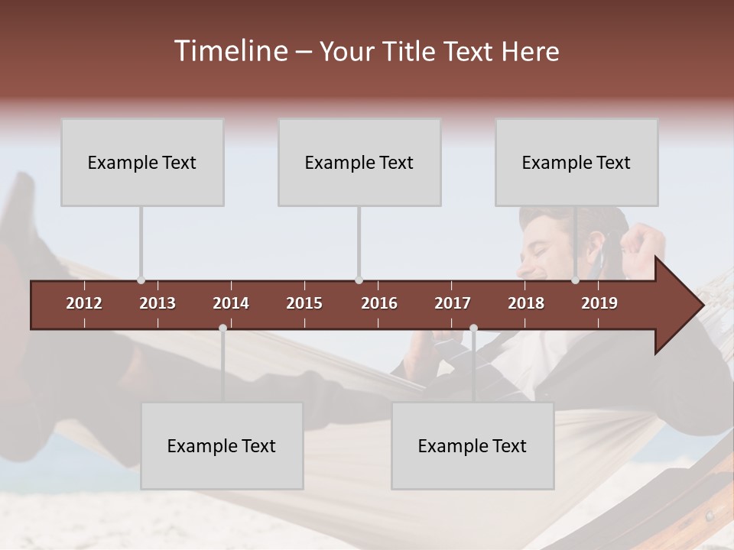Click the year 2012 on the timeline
point(84,303)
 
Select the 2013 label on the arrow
point(158,303)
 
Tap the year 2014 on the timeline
point(231,303)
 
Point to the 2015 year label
point(304,303)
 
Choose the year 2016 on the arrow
point(379,303)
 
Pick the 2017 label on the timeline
point(453,303)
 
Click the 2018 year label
point(526,303)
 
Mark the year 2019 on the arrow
point(599,303)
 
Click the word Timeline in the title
point(229,51)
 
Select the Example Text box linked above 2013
point(142,162)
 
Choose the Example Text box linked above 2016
point(359,162)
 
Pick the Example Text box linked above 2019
point(576,162)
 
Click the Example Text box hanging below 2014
point(222,445)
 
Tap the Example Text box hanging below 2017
point(473,445)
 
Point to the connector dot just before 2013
point(141,280)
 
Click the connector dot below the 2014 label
point(222,328)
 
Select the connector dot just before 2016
point(359,280)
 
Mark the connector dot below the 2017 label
point(473,328)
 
